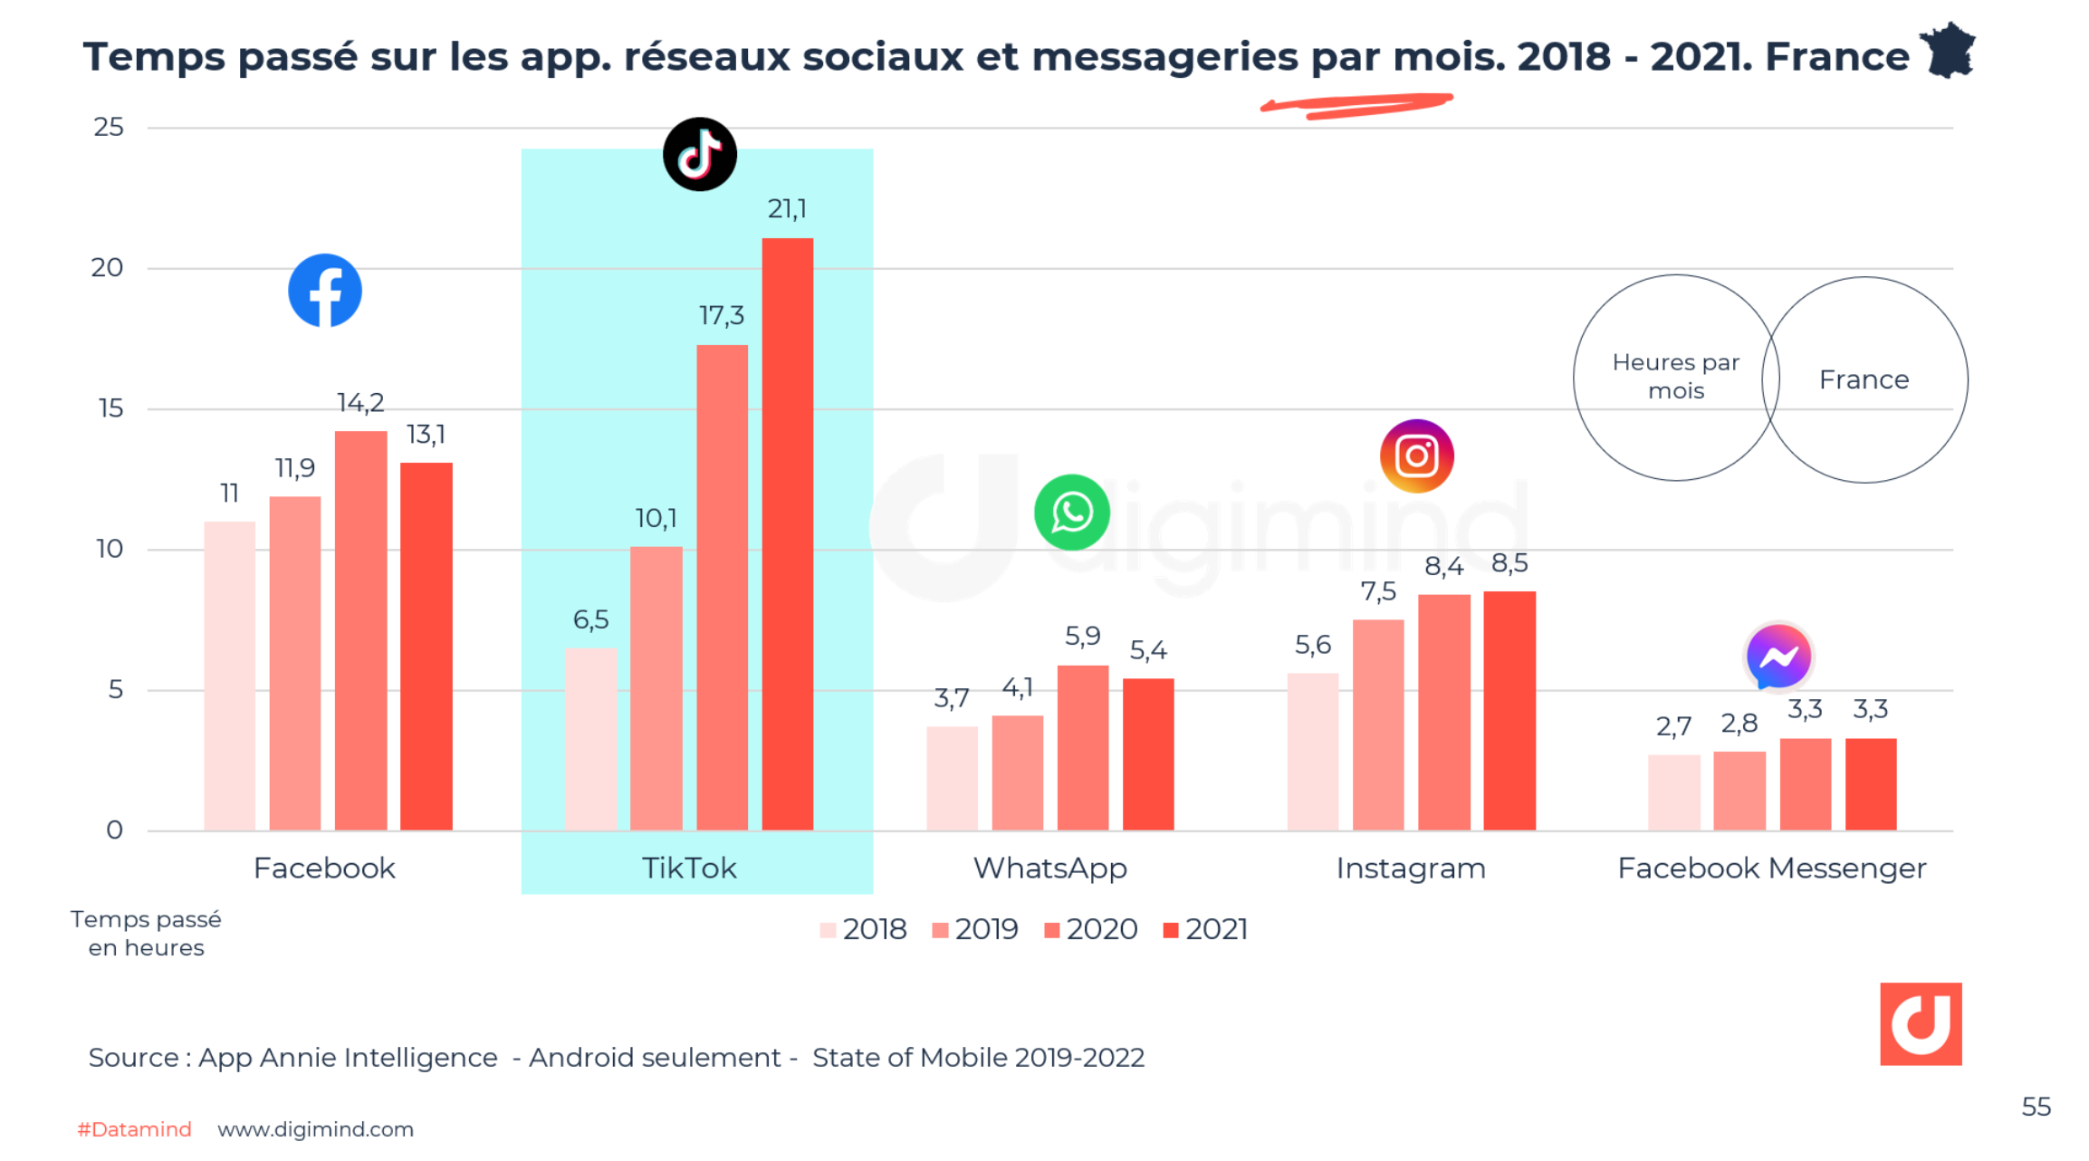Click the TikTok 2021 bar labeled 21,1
(x=787, y=534)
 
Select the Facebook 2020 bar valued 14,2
(x=360, y=630)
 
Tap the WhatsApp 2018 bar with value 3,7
(x=952, y=778)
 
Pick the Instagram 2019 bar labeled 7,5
(x=1378, y=724)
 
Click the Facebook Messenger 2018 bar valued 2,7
(x=1673, y=792)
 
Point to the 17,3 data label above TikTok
(x=721, y=315)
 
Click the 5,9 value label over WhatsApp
(x=1082, y=636)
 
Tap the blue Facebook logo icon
(x=325, y=291)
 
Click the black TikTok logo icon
(x=699, y=154)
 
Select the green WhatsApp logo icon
(x=1072, y=513)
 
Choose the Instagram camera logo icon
(x=1416, y=456)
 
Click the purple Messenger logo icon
(x=1778, y=657)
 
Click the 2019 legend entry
(x=975, y=929)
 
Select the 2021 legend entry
(x=1205, y=929)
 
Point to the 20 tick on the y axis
(x=107, y=268)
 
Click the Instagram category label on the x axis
(x=1411, y=868)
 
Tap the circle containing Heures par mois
(x=1675, y=377)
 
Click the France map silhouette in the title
(x=1950, y=52)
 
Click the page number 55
(x=2036, y=1107)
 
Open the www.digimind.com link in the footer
(x=315, y=1129)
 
